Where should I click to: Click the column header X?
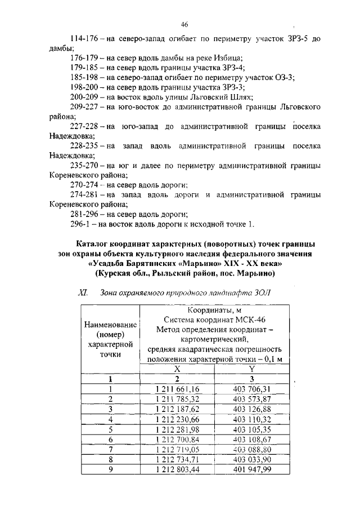click(x=177, y=368)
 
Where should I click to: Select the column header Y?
click(x=252, y=368)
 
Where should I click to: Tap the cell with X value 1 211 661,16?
click(x=178, y=389)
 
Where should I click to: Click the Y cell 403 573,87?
click(x=252, y=398)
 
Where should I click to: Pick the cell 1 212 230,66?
click(x=178, y=419)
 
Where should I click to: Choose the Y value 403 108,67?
click(x=252, y=439)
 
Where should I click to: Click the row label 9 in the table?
click(x=111, y=469)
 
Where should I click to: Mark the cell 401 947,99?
click(x=252, y=469)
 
